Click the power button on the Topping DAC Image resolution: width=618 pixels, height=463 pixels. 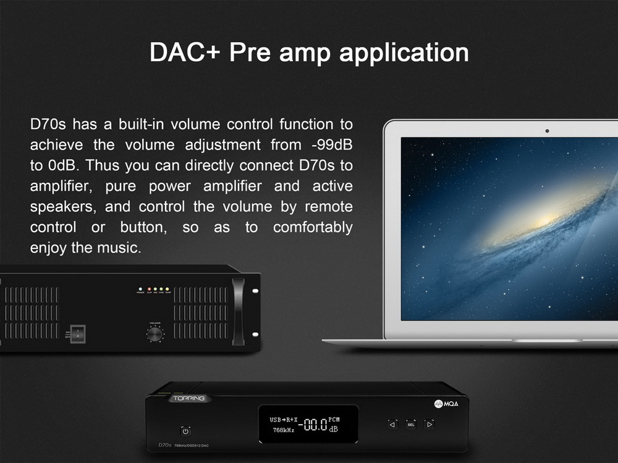pos(185,430)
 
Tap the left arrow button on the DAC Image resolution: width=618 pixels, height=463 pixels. pos(392,424)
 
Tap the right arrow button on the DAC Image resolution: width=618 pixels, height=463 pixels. pos(429,424)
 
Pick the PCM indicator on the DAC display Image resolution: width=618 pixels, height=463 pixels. pos(334,420)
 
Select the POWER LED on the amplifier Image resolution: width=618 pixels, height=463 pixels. pos(141,289)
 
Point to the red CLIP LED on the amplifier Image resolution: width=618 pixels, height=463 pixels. pos(150,289)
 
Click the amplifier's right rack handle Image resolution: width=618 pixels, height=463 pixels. pos(238,312)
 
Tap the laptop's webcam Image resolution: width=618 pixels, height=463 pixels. pos(547,131)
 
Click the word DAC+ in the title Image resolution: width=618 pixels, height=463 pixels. pos(186,52)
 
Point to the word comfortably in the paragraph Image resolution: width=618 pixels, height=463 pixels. pos(313,227)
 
